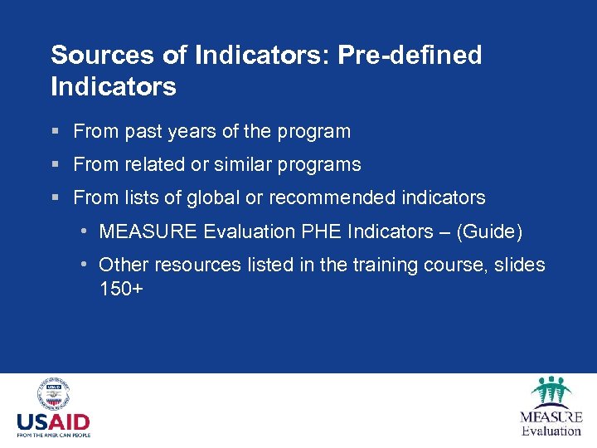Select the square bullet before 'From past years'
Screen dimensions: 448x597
tap(55, 132)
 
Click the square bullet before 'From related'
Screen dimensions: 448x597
tap(55, 165)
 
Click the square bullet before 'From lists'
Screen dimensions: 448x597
tap(55, 198)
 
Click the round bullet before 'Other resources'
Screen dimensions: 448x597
tap(86, 265)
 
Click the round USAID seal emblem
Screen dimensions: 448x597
tap(53, 394)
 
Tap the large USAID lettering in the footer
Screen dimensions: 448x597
tap(53, 421)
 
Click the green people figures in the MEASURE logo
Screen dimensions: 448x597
tap(551, 392)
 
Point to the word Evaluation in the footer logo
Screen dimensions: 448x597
tap(551, 431)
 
